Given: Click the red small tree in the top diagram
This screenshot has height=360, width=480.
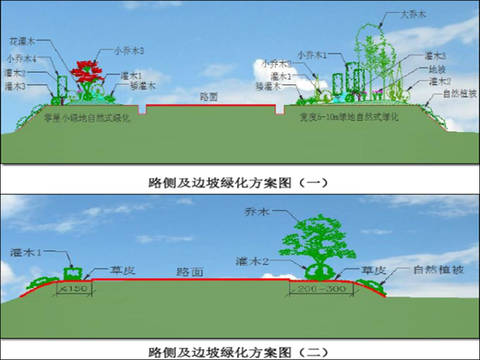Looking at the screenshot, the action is pos(88,71).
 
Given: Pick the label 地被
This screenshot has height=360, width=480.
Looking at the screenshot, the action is pos(437,68).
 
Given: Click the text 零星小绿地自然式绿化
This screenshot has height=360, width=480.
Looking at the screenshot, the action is pos(87,117).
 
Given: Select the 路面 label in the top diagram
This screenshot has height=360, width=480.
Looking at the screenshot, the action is pos(208,97).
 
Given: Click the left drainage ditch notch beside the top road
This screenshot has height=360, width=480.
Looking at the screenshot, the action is pos(143,110).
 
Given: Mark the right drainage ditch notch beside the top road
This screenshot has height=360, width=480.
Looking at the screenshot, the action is pos(280,110).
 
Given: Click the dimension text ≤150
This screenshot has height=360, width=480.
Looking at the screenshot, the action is pos(75,289).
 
